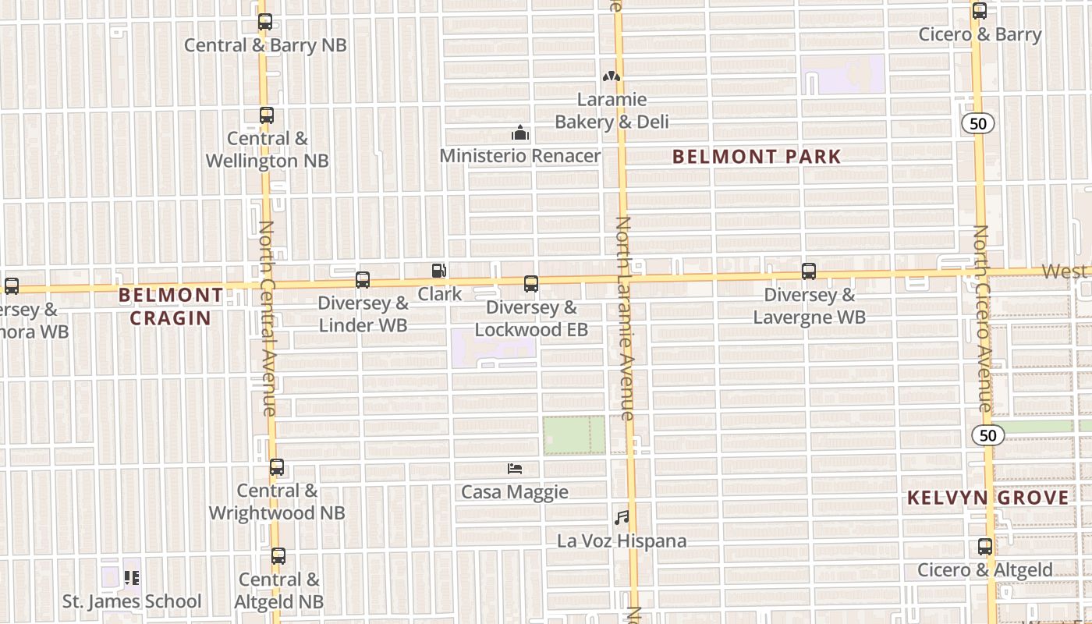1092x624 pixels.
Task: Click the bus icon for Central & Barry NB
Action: (x=265, y=22)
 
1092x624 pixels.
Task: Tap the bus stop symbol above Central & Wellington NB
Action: (x=267, y=115)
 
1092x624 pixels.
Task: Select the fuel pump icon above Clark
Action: (x=439, y=271)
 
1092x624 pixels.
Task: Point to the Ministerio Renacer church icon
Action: (x=520, y=133)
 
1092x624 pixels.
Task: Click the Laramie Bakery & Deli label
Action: (x=612, y=111)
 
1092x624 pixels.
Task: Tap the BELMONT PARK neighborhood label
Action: (x=757, y=157)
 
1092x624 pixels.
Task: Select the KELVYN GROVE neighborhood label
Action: (x=987, y=498)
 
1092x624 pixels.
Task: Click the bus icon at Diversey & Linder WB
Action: (x=363, y=280)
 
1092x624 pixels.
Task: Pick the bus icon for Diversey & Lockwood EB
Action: (x=531, y=284)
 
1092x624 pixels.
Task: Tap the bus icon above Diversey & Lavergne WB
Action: (x=809, y=271)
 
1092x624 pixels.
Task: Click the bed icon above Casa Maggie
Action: (x=515, y=469)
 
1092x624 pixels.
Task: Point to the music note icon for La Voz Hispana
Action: (x=622, y=517)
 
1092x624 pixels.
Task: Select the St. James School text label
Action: (x=132, y=601)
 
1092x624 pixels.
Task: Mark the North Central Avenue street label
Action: (x=268, y=317)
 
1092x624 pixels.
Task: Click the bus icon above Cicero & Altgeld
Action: (x=985, y=547)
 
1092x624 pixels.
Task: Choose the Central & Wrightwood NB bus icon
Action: (x=277, y=468)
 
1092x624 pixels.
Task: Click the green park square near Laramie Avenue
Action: (x=574, y=435)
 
